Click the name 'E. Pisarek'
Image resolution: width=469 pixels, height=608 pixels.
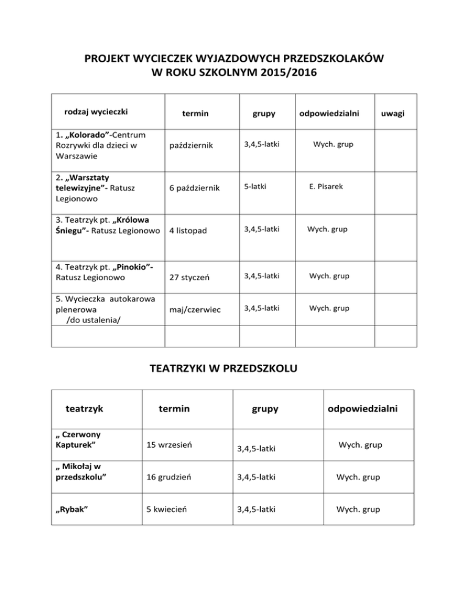click(331, 186)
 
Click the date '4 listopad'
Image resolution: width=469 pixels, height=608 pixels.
click(189, 231)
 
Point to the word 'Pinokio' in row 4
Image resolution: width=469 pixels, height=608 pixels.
click(131, 266)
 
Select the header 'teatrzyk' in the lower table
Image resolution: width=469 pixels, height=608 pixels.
click(87, 407)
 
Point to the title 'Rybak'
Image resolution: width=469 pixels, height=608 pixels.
click(70, 509)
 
